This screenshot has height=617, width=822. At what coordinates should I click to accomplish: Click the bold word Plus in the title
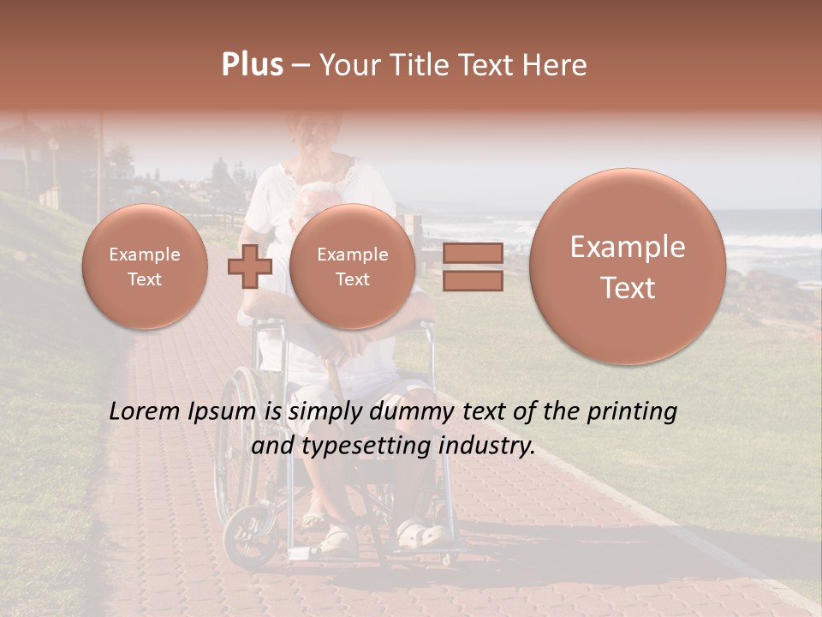pos(252,65)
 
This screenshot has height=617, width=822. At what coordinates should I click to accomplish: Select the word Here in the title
pos(557,65)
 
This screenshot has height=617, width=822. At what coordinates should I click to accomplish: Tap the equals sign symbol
pos(473,267)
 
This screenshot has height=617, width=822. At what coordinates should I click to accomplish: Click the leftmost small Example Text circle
pos(145,267)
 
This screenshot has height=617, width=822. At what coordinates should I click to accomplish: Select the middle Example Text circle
pos(352,267)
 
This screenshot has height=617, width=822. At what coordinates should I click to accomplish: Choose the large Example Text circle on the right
pos(628,267)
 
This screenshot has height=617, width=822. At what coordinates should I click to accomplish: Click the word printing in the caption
pos(631,412)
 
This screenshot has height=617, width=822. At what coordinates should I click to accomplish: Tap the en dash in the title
pos(301,66)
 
